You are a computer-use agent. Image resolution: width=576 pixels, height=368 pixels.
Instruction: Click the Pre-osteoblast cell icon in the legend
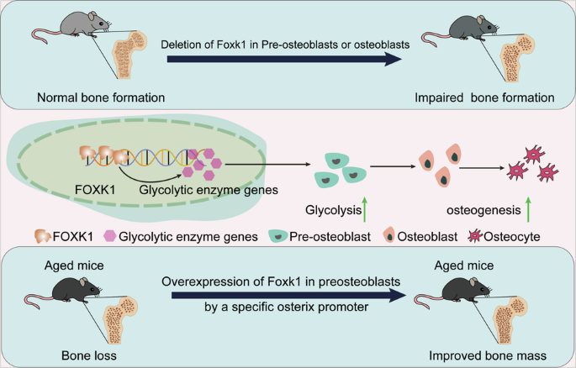tap(283, 238)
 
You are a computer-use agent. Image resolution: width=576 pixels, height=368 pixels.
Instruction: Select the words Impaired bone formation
tap(484, 97)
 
